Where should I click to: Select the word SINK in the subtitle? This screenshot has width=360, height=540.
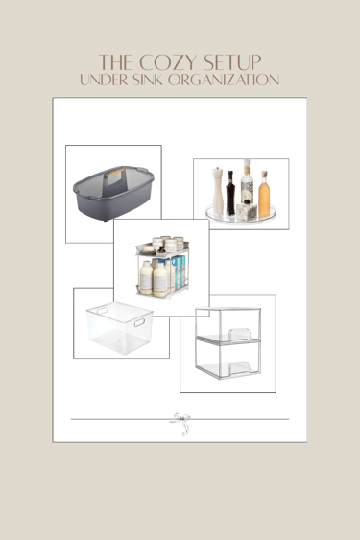(147, 80)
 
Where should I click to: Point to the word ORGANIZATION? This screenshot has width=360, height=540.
(224, 80)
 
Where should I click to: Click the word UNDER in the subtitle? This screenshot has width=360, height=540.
(104, 80)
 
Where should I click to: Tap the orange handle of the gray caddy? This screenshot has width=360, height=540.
(115, 173)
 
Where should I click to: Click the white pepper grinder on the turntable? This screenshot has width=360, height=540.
(218, 191)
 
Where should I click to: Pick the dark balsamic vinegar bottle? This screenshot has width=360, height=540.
(230, 193)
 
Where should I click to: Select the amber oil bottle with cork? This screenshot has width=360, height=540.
(264, 194)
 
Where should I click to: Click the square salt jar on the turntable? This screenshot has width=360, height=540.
(246, 210)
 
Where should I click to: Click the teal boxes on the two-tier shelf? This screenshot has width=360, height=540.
(180, 272)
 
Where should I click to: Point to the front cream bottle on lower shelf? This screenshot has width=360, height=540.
(160, 280)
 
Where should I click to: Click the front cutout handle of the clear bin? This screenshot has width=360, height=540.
(139, 322)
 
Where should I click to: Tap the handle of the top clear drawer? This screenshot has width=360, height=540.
(239, 334)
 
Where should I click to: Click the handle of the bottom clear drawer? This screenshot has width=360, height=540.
(238, 367)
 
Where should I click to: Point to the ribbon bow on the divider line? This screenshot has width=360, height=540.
(181, 423)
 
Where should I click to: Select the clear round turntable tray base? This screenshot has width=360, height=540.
(241, 215)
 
